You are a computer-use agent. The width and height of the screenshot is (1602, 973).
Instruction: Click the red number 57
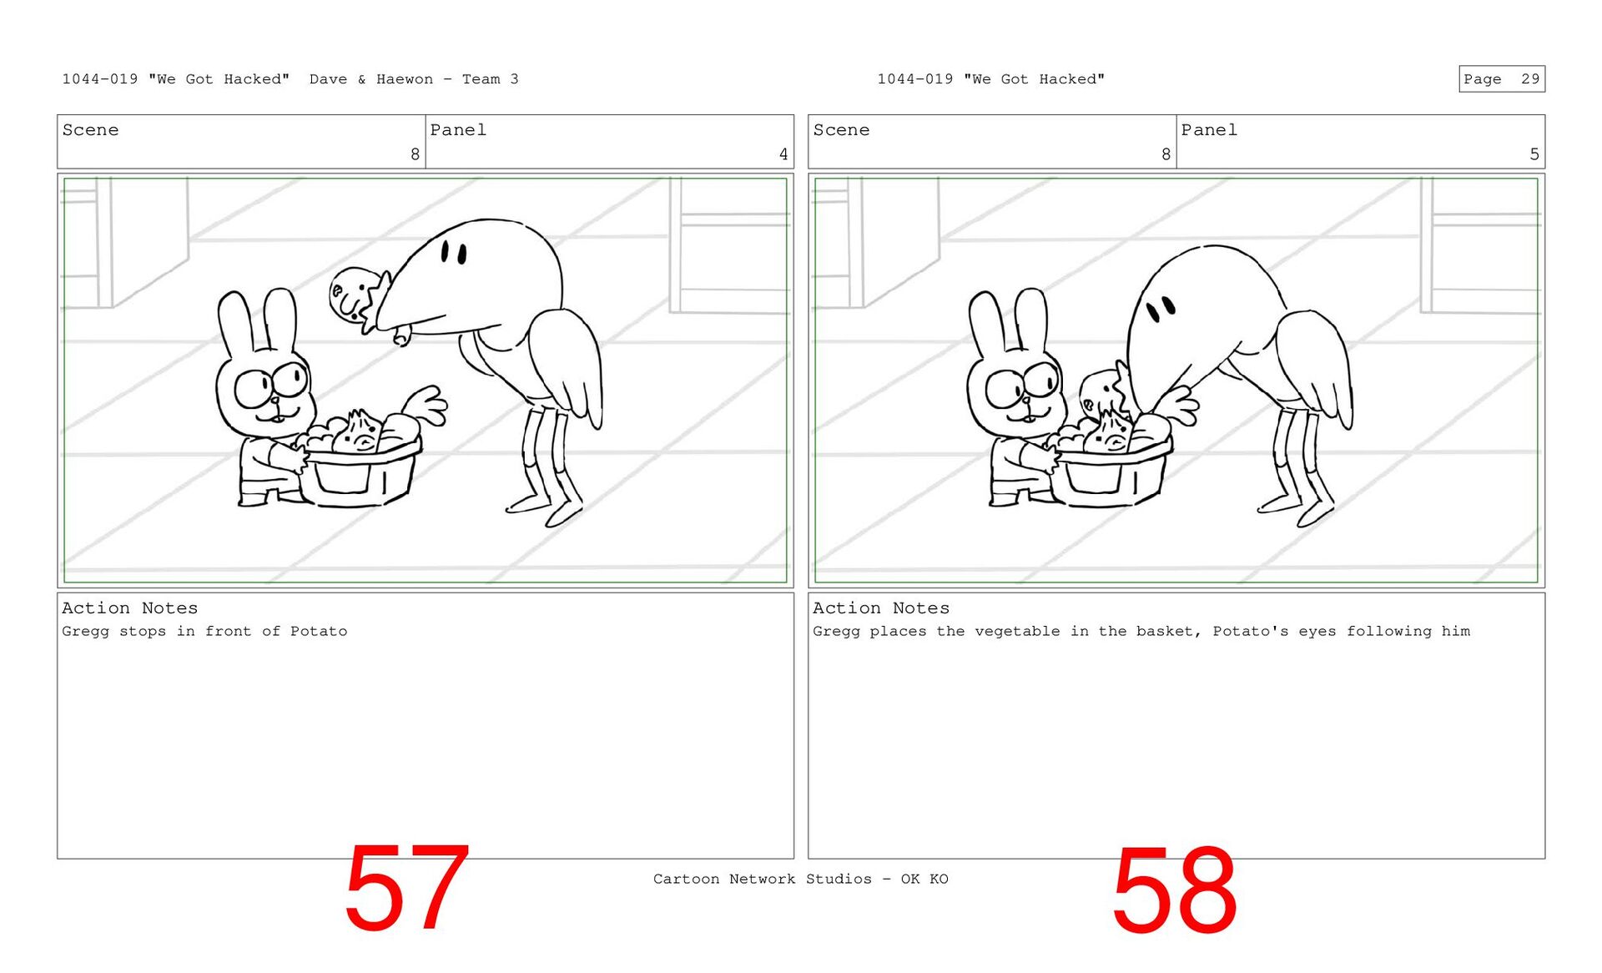click(x=406, y=888)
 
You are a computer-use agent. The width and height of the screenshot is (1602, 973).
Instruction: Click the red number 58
click(x=1174, y=890)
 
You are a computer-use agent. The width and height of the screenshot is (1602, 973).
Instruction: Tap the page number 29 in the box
click(x=1530, y=79)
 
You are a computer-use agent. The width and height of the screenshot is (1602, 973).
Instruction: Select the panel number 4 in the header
click(x=783, y=154)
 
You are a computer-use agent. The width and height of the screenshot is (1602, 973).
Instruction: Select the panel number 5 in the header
click(x=1534, y=154)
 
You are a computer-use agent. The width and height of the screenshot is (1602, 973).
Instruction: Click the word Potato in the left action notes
click(x=319, y=632)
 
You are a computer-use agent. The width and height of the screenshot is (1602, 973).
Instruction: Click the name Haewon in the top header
click(x=405, y=79)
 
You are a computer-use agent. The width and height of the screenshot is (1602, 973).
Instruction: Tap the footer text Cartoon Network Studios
click(x=763, y=879)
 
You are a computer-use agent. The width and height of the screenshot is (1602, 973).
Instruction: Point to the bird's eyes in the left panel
click(x=454, y=252)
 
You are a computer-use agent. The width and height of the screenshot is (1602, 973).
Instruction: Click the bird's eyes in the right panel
click(x=1161, y=310)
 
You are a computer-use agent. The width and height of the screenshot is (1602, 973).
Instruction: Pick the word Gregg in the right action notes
click(x=836, y=632)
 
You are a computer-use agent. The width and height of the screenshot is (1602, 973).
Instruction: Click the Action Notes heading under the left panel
click(x=130, y=608)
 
